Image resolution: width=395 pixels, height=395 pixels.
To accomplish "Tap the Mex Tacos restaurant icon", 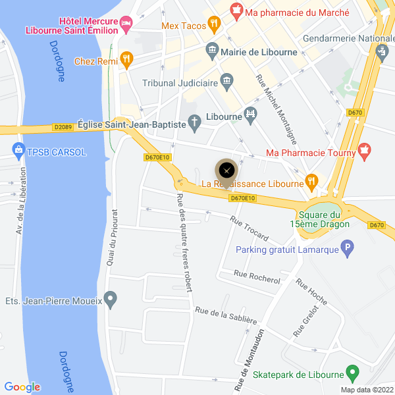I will click(213, 24).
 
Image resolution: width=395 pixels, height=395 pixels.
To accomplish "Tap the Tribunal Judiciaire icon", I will click(227, 82).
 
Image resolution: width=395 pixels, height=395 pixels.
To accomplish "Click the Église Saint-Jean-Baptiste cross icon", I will click(195, 121).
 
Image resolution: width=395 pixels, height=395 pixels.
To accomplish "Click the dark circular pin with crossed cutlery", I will click(227, 170).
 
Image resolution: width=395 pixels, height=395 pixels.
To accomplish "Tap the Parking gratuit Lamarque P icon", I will click(346, 249).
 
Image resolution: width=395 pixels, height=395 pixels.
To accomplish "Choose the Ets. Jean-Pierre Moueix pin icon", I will click(111, 301).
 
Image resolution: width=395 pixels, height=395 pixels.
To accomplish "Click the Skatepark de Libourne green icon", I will click(352, 375).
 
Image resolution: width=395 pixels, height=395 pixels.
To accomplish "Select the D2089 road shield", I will click(63, 127).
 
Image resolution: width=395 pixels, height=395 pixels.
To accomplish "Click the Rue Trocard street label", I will click(249, 227).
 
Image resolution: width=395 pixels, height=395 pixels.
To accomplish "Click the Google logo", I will click(22, 387).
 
